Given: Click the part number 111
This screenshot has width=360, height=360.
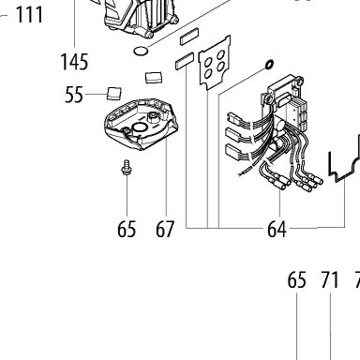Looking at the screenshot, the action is [x=29, y=15].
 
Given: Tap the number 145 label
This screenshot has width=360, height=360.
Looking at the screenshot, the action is [x=74, y=62].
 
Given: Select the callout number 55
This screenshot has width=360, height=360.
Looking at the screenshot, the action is [x=74, y=95].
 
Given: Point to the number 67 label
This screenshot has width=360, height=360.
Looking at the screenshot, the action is [x=165, y=229].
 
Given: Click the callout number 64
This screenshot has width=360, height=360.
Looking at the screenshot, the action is [x=277, y=230].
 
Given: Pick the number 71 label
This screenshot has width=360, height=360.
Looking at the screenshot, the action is [x=330, y=280].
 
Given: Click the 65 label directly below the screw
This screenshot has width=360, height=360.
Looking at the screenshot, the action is [x=127, y=229].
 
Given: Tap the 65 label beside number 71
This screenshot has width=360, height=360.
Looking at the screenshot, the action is [x=296, y=280].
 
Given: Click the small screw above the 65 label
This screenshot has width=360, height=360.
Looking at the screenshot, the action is [x=127, y=167].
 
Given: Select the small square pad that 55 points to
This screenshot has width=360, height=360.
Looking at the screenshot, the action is [x=114, y=94].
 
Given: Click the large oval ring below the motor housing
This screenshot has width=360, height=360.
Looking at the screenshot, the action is [x=141, y=51].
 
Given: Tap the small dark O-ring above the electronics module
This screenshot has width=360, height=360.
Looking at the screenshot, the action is [x=269, y=64].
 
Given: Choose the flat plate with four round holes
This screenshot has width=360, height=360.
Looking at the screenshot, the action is [x=215, y=62].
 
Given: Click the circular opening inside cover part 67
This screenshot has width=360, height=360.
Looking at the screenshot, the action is [x=139, y=127].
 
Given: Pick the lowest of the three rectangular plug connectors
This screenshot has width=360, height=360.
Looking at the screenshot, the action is [x=234, y=151].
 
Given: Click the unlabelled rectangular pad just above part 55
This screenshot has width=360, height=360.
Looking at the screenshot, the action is [x=154, y=78].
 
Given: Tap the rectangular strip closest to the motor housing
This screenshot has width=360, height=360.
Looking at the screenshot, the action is [x=189, y=37].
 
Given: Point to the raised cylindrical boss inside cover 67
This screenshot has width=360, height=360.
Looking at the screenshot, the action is [x=153, y=116].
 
